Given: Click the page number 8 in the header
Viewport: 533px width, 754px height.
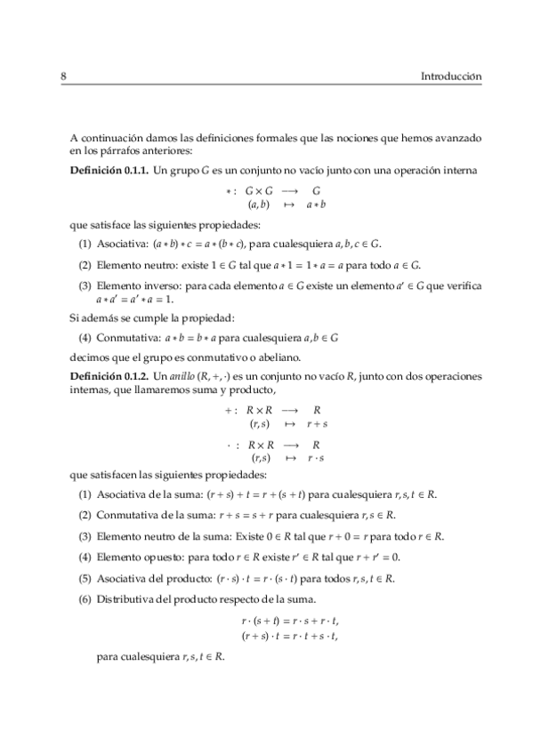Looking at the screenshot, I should (x=64, y=76).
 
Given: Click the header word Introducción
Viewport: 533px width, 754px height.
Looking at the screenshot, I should (x=450, y=76).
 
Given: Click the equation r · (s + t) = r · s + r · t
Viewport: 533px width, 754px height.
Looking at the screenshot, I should (x=291, y=622).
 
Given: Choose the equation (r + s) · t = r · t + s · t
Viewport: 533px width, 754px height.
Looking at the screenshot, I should (x=291, y=636).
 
